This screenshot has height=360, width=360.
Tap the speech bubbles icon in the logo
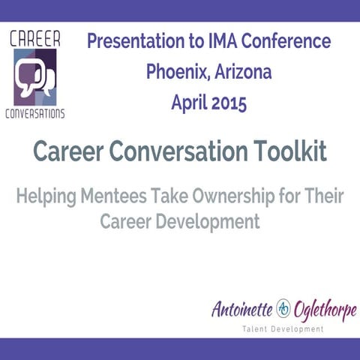pos(36,78)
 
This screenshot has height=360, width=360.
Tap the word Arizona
pos(241,72)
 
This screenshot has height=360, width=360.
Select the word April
pos(190,103)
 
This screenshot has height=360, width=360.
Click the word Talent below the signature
pos(259,328)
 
